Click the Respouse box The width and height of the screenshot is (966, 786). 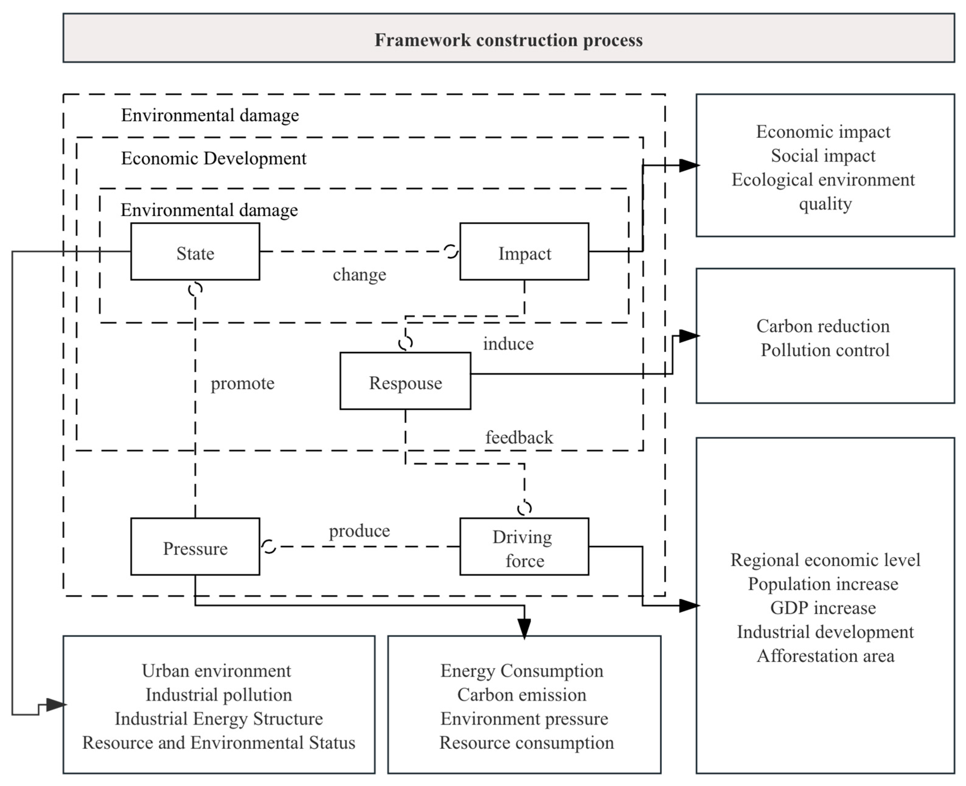click(x=405, y=381)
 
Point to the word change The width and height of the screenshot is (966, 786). click(x=359, y=274)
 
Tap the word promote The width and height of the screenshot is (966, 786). click(x=243, y=383)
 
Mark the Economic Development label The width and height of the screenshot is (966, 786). click(x=214, y=158)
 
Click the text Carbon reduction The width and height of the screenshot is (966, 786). click(x=823, y=326)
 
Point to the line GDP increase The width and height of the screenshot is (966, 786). click(x=823, y=607)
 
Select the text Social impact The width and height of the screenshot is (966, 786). click(x=823, y=156)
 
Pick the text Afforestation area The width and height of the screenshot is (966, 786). click(x=825, y=655)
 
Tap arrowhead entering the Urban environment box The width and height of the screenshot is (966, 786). click(x=56, y=704)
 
